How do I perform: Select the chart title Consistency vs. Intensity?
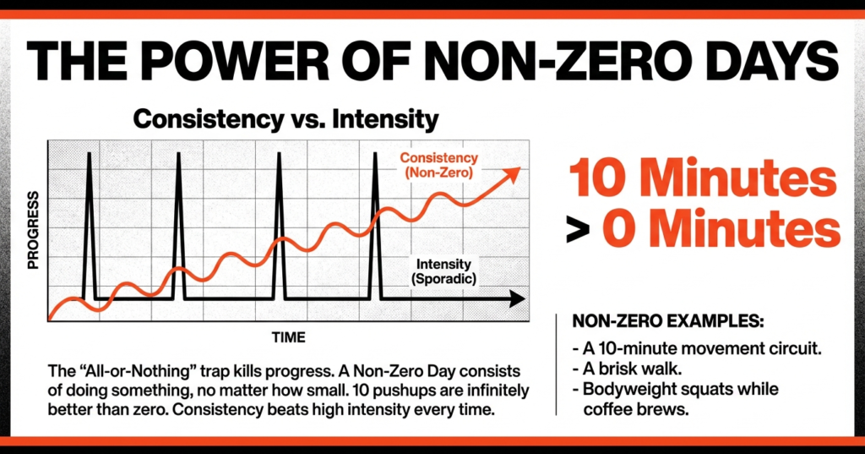click(x=286, y=118)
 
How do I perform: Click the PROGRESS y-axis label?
click(x=35, y=231)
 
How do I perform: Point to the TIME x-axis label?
click(x=288, y=336)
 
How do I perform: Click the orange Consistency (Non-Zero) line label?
click(x=438, y=166)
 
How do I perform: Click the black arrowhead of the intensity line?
click(x=516, y=299)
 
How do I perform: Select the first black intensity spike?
click(x=89, y=220)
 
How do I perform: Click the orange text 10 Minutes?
click(x=703, y=180)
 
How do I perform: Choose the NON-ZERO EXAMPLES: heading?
click(x=668, y=323)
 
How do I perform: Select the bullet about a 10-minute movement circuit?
click(x=681, y=348)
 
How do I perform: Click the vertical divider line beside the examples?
click(x=557, y=364)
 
